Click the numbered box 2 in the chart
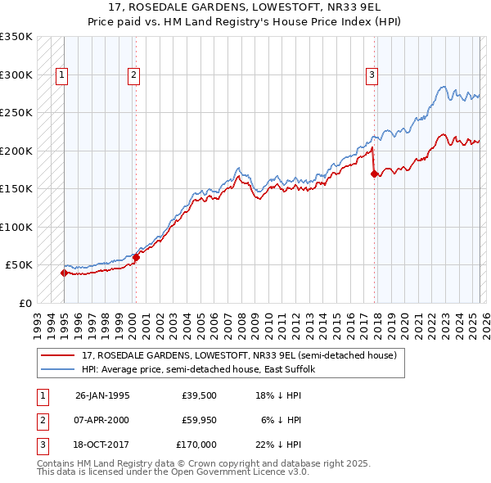(133, 75)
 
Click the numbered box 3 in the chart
(372, 75)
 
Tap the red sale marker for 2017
(374, 174)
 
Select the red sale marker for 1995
(64, 273)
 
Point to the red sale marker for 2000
(136, 258)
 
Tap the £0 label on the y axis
(24, 303)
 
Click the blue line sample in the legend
(58, 369)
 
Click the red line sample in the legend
(58, 355)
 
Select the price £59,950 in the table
(200, 420)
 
